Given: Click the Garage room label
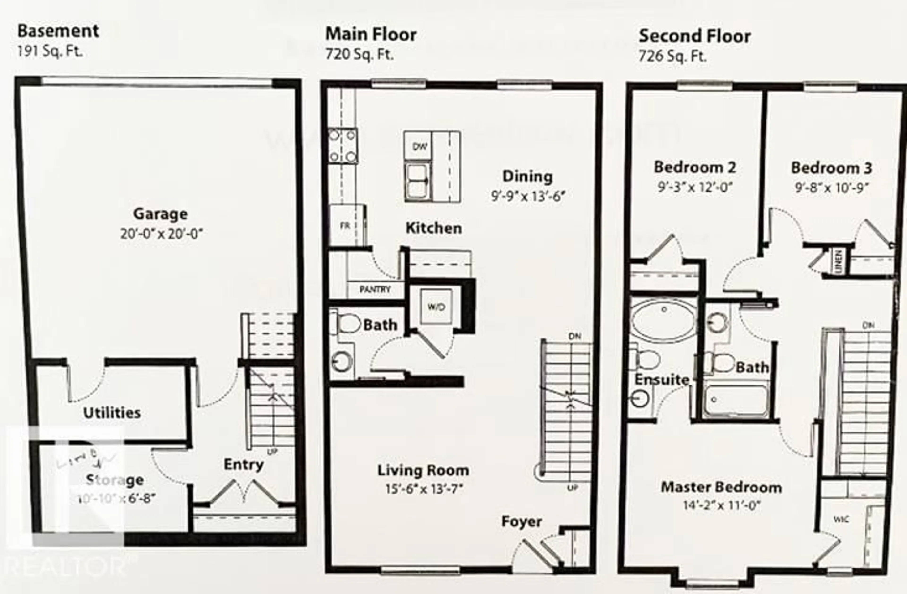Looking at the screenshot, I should pos(160,214).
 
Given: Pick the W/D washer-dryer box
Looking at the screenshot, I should pos(436,307).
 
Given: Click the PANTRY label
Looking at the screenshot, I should pos(375,290).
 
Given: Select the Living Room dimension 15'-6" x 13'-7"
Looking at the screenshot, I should pos(424,489).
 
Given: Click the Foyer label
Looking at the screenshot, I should pos(521,521).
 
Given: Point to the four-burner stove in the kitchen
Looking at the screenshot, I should pos(342,146).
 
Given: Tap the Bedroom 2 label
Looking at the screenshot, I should pos(695,167).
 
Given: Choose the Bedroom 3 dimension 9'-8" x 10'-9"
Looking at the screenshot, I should pos(832,188).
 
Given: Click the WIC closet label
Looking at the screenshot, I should pos(841,519).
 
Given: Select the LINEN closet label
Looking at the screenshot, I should pos(838,262).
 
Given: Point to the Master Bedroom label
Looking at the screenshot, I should pos(721,487).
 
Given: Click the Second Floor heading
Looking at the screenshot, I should pos(694,36).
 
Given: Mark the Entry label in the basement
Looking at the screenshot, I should pos(244,465).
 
